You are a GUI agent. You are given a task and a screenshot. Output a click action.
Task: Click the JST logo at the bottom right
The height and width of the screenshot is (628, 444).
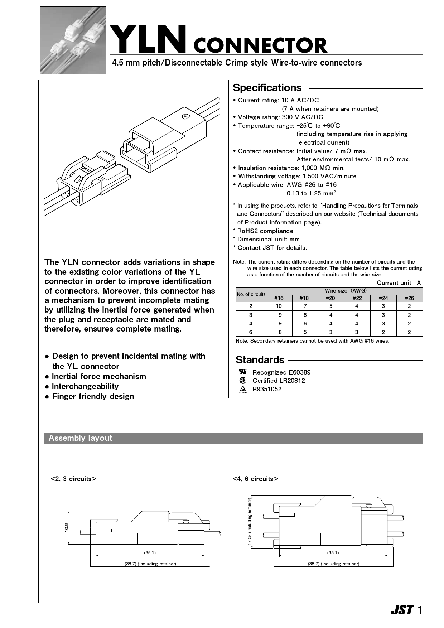click(402, 610)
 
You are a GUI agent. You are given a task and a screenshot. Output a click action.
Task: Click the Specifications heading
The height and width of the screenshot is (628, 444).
click(267, 88)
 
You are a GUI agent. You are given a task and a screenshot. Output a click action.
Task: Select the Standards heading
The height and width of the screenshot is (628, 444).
click(260, 360)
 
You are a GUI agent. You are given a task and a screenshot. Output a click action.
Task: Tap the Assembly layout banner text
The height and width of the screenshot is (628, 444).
click(80, 438)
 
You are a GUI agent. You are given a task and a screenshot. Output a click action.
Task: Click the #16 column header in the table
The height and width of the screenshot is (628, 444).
click(279, 298)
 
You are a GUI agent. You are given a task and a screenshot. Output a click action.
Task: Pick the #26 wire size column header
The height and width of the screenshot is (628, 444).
click(409, 298)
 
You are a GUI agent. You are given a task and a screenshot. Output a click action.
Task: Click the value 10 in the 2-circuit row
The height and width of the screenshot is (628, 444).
click(279, 306)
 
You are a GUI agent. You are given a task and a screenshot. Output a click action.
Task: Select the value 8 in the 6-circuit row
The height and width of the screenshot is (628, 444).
click(279, 332)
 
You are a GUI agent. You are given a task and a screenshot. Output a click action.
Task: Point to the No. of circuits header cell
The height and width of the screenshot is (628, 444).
click(251, 294)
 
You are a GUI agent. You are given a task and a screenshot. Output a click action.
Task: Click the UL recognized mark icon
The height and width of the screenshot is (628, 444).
click(243, 372)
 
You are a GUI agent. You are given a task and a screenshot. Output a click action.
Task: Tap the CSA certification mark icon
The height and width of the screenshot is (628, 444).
click(243, 381)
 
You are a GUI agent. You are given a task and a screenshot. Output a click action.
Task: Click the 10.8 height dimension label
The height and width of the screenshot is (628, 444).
click(66, 527)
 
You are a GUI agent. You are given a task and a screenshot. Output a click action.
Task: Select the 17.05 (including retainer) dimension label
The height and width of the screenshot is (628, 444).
click(250, 522)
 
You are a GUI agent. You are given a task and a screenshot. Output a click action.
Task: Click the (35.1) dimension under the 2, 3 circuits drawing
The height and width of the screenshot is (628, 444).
click(150, 552)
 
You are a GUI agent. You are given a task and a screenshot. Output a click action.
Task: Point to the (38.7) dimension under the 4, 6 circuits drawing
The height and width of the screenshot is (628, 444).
click(333, 564)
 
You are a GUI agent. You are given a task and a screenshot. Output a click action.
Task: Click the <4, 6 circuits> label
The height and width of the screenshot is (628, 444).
click(255, 479)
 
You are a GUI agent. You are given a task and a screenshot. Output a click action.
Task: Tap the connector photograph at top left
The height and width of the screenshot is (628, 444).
click(73, 40)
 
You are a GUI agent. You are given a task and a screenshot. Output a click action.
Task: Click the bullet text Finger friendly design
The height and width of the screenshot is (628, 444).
click(93, 396)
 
